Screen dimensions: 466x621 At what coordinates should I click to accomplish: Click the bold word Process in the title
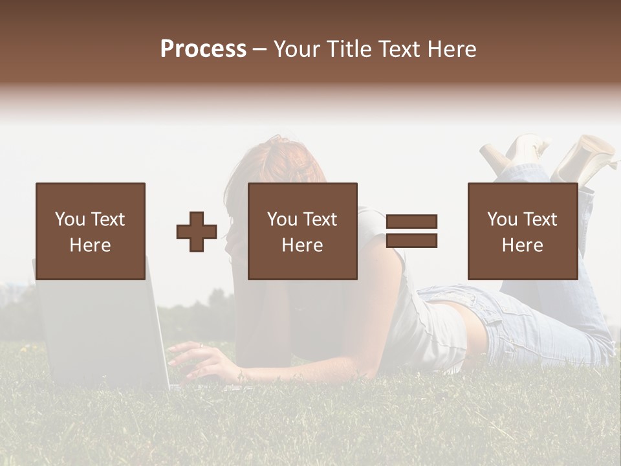[203, 49]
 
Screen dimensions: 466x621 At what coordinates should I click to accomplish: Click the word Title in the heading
[346, 49]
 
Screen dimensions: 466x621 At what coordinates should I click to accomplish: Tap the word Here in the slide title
[452, 49]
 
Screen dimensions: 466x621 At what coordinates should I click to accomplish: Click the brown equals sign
[411, 231]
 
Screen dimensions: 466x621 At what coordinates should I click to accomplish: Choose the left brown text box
[91, 231]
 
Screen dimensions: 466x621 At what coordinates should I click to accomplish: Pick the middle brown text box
[302, 231]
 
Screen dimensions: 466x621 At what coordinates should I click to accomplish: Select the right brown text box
[522, 231]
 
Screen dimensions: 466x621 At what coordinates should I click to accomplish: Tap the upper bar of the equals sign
[411, 222]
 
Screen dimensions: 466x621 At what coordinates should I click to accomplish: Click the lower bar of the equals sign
[411, 240]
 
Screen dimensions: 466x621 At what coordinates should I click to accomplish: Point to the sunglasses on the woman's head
[275, 139]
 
